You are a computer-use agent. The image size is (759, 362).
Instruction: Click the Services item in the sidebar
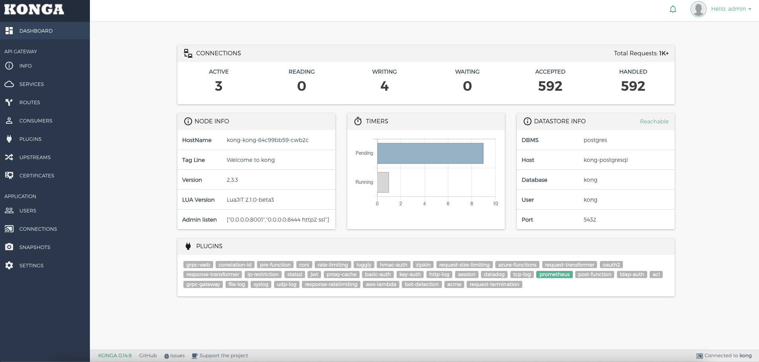click(31, 84)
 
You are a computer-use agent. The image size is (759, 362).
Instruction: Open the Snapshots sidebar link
click(35, 247)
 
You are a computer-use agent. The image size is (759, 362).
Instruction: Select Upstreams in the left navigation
click(35, 157)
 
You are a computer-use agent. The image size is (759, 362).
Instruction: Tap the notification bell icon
click(673, 9)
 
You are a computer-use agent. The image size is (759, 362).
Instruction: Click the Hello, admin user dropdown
click(731, 9)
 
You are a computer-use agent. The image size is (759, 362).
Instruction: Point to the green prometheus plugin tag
click(554, 274)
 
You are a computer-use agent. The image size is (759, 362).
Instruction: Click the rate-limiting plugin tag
click(333, 265)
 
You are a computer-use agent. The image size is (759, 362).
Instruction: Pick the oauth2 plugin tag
click(611, 265)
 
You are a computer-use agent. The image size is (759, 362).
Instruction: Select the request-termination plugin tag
click(494, 284)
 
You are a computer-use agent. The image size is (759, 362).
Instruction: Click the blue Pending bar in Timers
click(430, 153)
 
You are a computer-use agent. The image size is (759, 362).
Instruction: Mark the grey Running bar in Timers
click(383, 182)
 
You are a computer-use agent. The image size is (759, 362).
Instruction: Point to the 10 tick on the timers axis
click(495, 204)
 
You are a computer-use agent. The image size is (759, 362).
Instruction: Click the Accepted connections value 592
click(550, 86)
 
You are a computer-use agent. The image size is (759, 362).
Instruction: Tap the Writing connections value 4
click(384, 86)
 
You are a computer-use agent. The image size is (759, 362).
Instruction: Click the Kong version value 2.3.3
click(232, 180)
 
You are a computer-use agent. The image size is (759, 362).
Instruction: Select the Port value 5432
click(590, 220)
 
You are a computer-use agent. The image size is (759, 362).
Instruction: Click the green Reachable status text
click(654, 121)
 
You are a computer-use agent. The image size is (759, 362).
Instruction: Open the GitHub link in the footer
click(148, 356)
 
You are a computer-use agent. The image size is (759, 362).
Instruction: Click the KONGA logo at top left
click(34, 10)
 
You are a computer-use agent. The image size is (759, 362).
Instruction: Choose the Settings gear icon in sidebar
click(9, 265)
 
